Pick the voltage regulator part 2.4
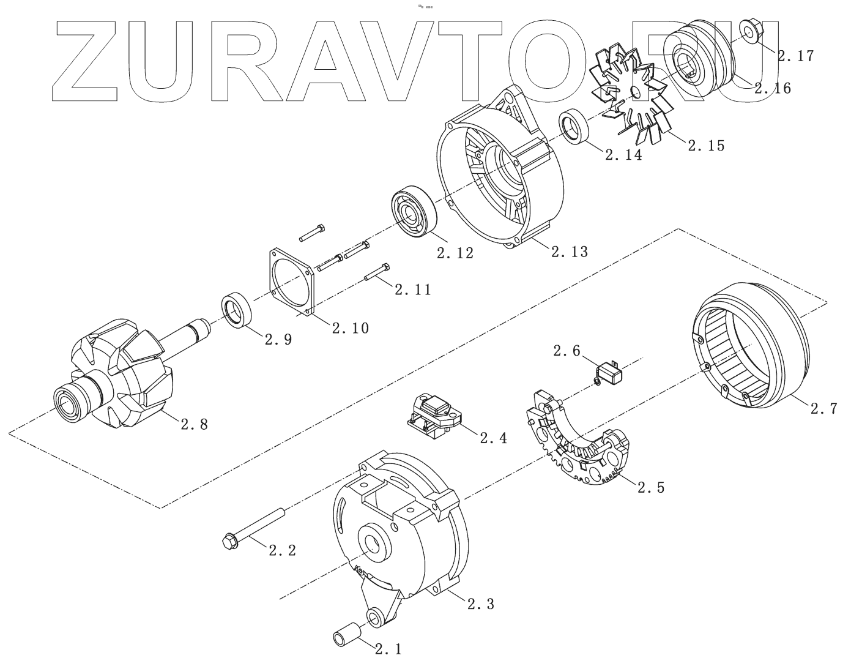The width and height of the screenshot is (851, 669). point(433,416)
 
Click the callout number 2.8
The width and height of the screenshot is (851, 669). point(194,424)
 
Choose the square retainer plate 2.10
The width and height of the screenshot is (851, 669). point(291,282)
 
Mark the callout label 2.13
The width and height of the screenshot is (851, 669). point(569,251)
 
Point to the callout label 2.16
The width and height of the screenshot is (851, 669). point(772,88)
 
